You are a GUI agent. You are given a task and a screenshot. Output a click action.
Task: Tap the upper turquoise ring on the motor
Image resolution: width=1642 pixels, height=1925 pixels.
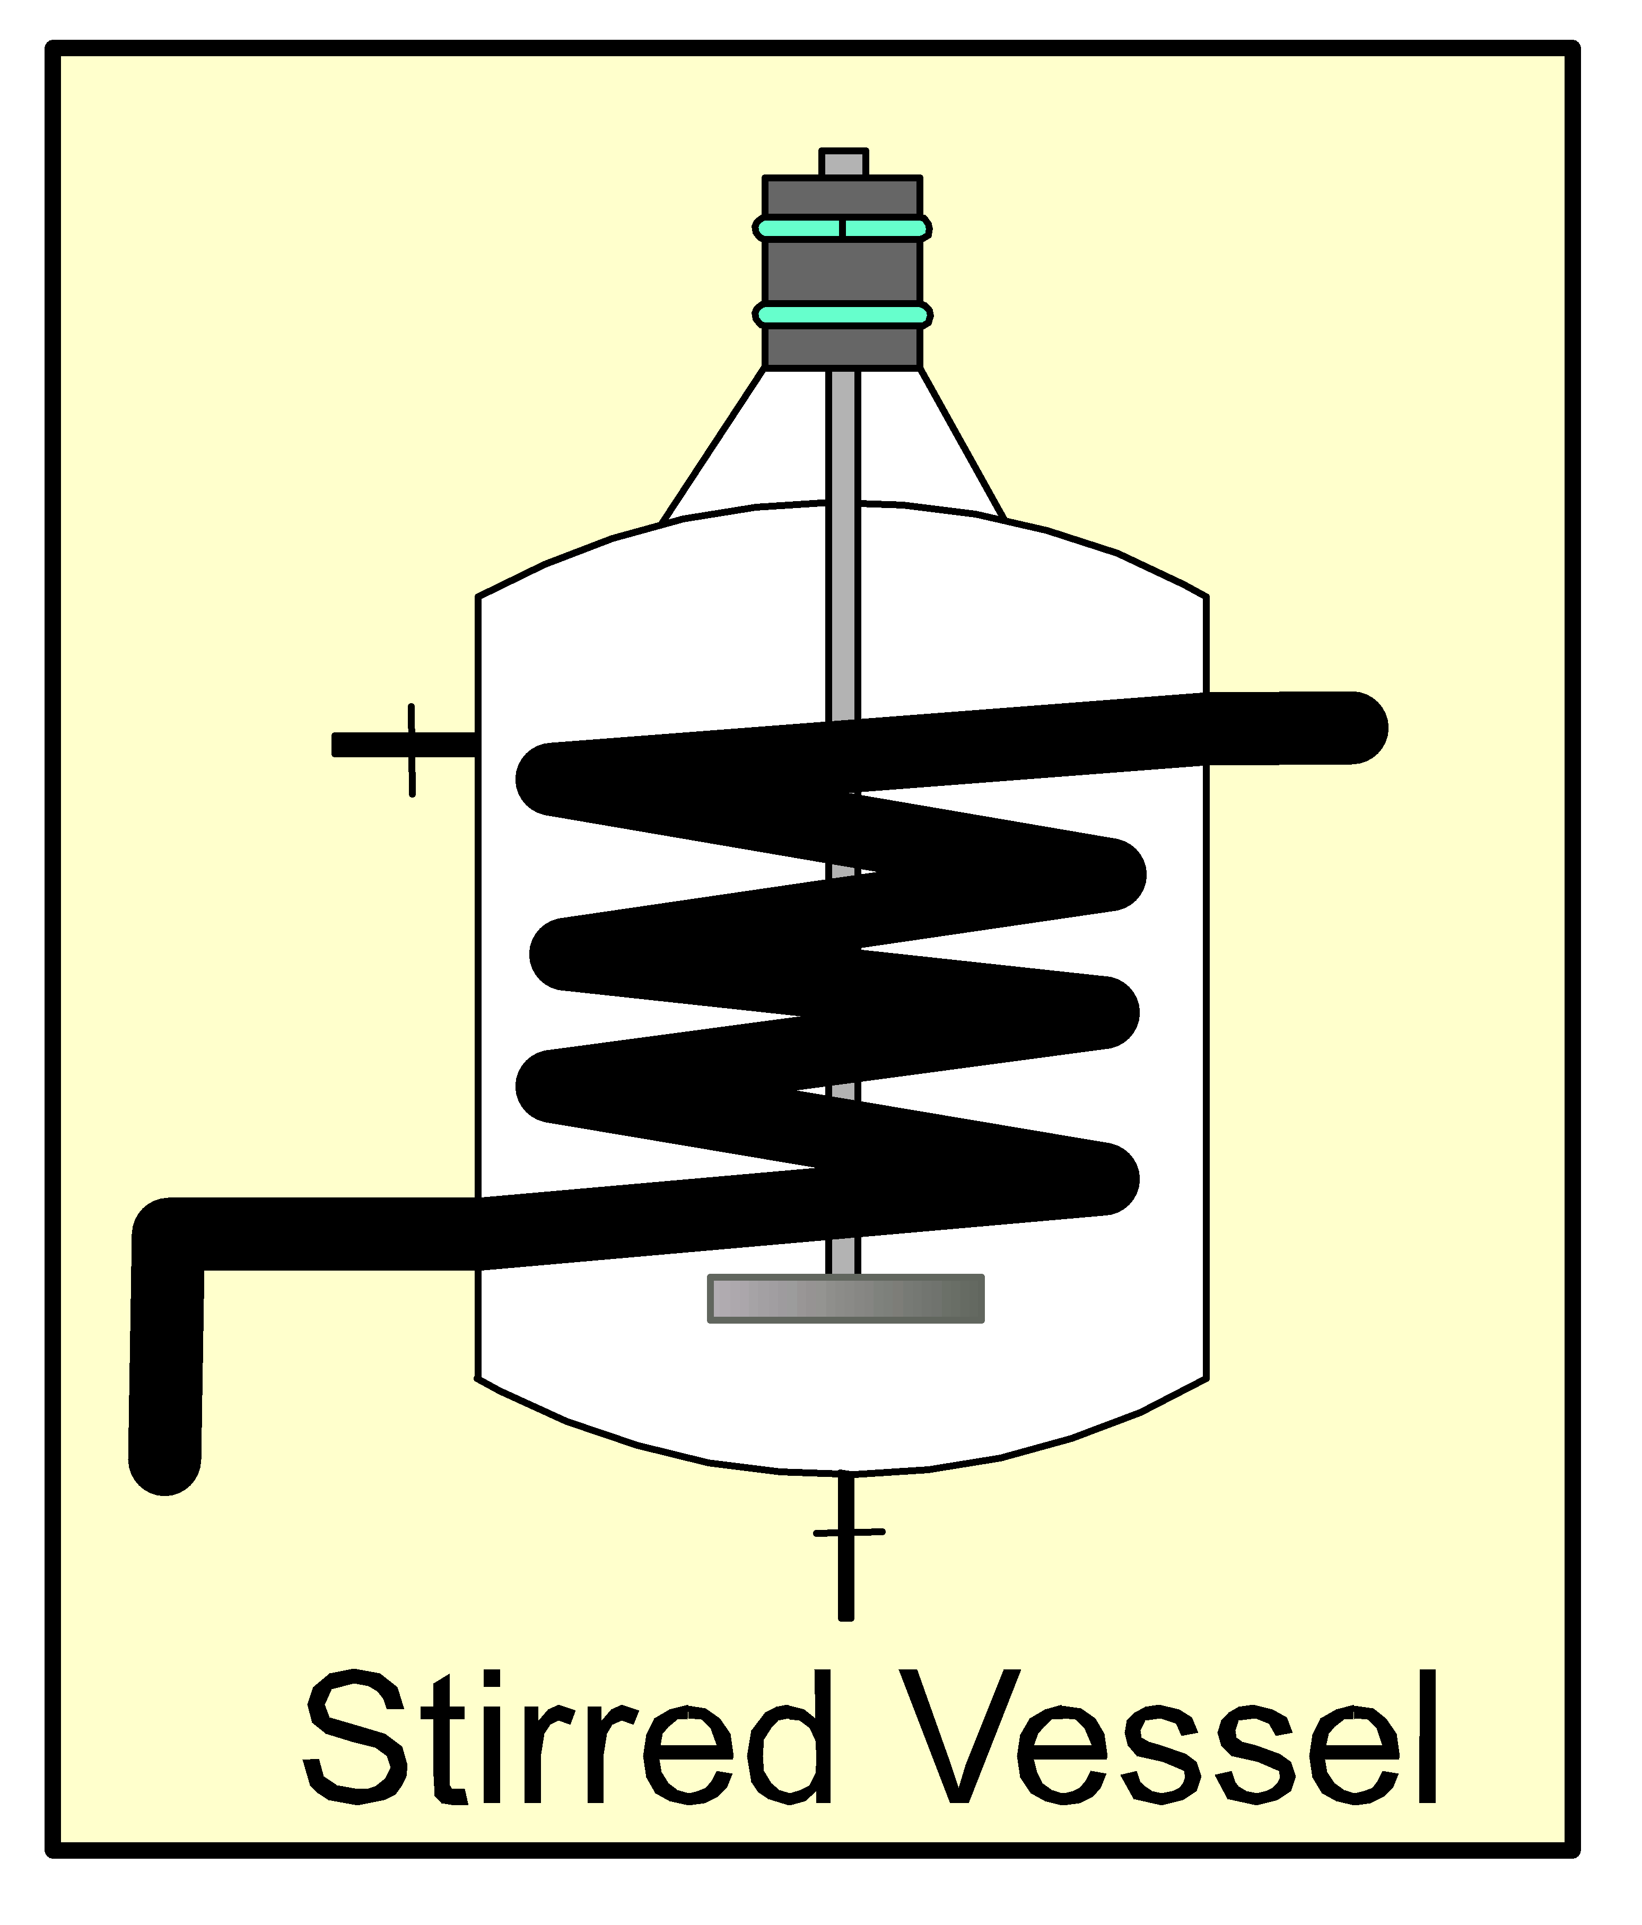point(842,227)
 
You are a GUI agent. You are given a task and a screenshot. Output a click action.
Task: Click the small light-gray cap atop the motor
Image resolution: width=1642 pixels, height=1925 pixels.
point(844,163)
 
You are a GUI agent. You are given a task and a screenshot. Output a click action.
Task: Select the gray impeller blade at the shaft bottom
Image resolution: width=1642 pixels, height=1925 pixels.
point(845,1298)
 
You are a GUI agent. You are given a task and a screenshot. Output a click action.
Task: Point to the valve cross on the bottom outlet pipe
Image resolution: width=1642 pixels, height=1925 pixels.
point(848,1532)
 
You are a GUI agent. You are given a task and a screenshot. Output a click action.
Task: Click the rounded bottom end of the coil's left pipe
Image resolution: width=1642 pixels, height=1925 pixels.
point(164,1459)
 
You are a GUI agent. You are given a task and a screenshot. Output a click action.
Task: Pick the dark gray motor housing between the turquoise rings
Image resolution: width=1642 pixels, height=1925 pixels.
point(842,272)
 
